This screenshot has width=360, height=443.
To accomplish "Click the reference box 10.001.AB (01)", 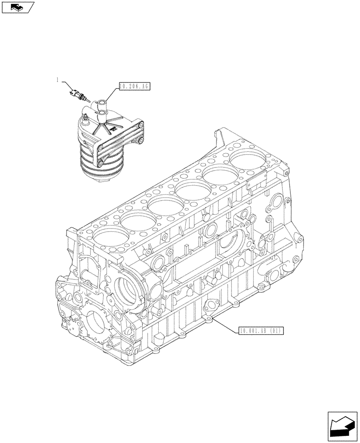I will tap(260, 330).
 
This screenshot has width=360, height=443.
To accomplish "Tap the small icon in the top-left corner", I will tap(17, 6).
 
